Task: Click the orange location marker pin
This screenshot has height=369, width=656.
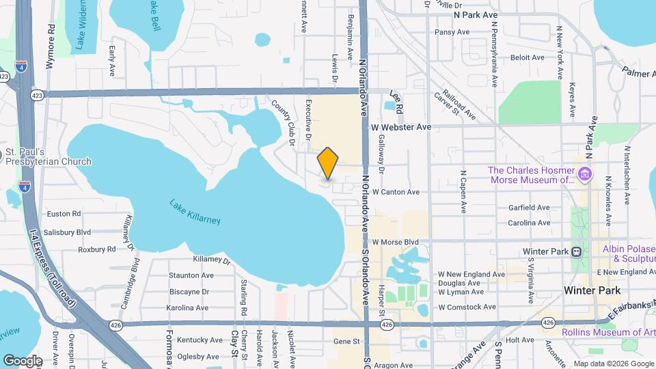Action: [x=328, y=163]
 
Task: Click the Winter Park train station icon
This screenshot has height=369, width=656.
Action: [x=576, y=251]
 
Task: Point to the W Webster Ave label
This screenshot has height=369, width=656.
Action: [x=401, y=127]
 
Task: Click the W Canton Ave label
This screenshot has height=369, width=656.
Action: [x=396, y=192]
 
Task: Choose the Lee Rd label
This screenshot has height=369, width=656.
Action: [x=397, y=95]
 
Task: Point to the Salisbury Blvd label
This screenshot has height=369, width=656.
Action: [x=65, y=232]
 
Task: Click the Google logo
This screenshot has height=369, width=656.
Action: [x=23, y=360]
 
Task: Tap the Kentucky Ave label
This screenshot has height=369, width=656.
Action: [x=200, y=340]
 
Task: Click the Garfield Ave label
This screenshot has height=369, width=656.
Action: [x=529, y=207]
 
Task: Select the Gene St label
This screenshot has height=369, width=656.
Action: [x=346, y=340]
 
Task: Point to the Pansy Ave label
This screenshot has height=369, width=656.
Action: [x=452, y=32]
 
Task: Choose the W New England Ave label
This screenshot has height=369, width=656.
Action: [x=467, y=273]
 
